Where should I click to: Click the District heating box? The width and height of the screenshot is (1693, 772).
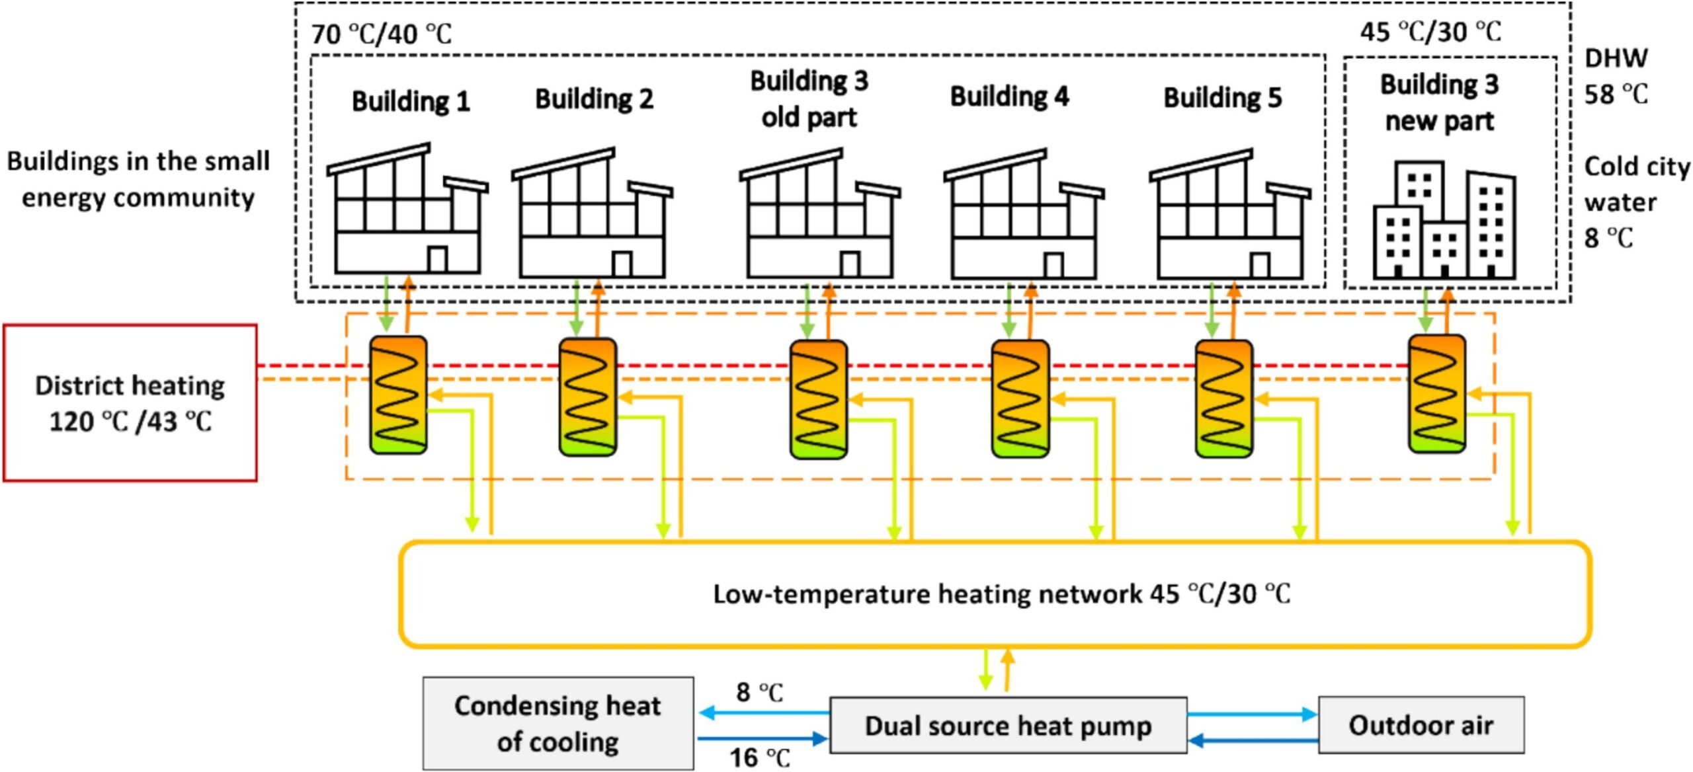(x=130, y=403)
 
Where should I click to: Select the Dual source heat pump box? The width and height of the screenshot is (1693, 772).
(x=1008, y=725)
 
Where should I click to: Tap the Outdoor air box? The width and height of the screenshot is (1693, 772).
(x=1421, y=725)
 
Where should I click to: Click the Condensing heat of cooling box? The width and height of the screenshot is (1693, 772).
(x=557, y=724)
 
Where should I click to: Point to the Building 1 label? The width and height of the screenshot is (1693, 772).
(x=411, y=101)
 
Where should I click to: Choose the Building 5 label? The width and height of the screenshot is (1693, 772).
(x=1222, y=98)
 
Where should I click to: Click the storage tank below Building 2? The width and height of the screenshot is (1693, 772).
(x=587, y=397)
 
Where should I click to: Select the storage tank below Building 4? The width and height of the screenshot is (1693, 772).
(x=1020, y=399)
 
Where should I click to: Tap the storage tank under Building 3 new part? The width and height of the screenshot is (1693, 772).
(x=1436, y=394)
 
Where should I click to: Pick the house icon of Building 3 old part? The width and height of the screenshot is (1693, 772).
(x=819, y=215)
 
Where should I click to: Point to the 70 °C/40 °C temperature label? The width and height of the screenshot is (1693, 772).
(x=382, y=34)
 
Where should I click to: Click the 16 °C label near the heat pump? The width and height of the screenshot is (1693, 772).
(x=759, y=757)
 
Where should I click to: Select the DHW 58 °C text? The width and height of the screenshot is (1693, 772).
(x=1616, y=76)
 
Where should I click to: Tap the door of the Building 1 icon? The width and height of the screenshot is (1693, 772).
(x=437, y=258)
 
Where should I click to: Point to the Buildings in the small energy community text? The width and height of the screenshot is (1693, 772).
(x=138, y=179)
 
